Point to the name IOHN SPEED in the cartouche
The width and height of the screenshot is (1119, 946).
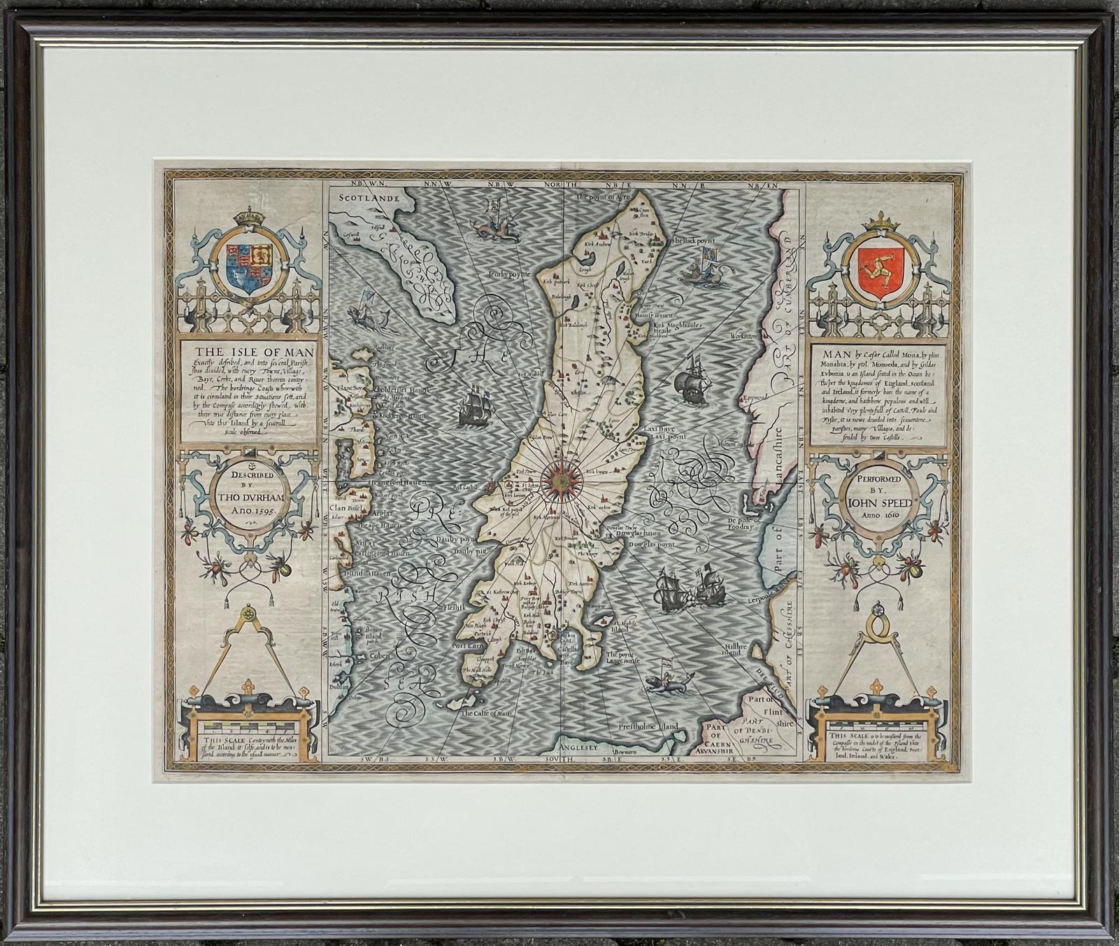pyautogui.click(x=880, y=502)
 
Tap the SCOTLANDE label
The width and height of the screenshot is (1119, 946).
pyautogui.click(x=369, y=198)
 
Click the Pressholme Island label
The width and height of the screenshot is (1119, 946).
pyautogui.click(x=648, y=727)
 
